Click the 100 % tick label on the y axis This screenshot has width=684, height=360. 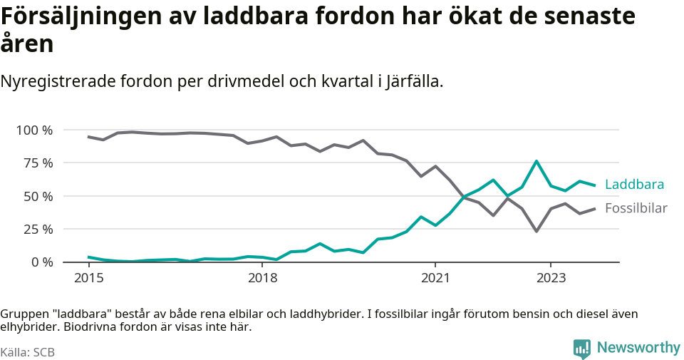point(34,130)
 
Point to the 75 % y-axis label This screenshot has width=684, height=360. point(37,163)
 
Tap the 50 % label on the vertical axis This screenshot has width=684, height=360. point(37,196)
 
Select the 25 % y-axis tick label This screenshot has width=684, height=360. point(37,230)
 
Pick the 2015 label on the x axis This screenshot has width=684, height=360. point(88,277)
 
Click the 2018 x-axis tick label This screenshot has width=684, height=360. point(262,277)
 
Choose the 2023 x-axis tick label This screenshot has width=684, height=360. point(551,277)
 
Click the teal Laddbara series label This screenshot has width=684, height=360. point(634,185)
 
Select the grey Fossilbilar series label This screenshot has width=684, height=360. point(636,208)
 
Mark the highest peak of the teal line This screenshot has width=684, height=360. point(537,161)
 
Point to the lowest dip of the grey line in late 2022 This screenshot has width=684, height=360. point(537,231)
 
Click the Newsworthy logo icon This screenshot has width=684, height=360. point(581,349)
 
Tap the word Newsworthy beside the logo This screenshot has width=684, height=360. point(638,348)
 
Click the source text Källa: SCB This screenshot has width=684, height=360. point(28,352)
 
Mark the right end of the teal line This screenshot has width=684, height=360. point(594,185)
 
